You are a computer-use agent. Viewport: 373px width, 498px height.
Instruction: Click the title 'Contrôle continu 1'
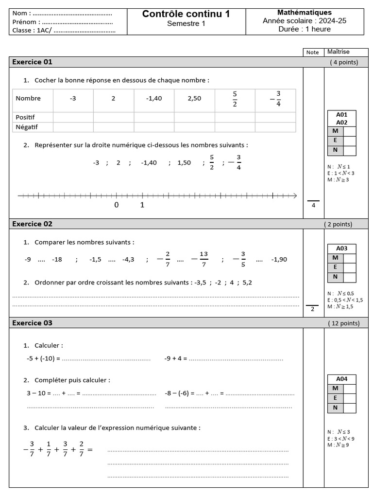pyautogui.click(x=186, y=14)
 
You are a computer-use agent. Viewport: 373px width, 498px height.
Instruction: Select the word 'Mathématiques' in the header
pyautogui.click(x=305, y=12)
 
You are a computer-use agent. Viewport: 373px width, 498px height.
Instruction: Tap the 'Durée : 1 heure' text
pyautogui.click(x=305, y=29)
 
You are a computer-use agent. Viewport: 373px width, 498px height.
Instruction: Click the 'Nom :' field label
pyautogui.click(x=22, y=13)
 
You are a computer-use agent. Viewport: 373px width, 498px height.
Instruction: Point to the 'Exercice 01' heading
pyautogui.click(x=32, y=62)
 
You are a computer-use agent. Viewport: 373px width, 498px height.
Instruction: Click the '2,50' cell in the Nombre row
pyautogui.click(x=194, y=98)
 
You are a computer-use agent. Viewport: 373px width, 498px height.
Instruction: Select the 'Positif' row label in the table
pyautogui.click(x=25, y=117)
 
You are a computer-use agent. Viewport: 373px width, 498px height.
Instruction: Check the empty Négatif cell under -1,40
pyautogui.click(x=154, y=127)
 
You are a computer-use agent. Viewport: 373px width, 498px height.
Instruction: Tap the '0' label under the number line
pyautogui.click(x=117, y=205)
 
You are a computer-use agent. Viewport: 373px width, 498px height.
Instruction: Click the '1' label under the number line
pyautogui.click(x=142, y=205)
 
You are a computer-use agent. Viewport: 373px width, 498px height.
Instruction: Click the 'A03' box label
pyautogui.click(x=342, y=248)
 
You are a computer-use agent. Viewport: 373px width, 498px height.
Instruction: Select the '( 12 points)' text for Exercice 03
pyautogui.click(x=344, y=323)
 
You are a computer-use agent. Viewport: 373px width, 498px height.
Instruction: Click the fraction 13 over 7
pyautogui.click(x=203, y=259)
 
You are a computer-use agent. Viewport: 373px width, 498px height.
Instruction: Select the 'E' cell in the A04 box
pyautogui.click(x=335, y=398)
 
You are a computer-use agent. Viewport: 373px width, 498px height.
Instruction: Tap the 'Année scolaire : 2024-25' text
pyautogui.click(x=305, y=21)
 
